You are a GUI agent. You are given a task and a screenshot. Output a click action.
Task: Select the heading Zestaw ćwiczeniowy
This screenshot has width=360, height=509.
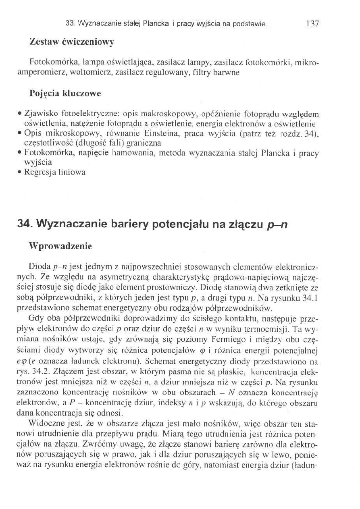pyautogui.click(x=72, y=42)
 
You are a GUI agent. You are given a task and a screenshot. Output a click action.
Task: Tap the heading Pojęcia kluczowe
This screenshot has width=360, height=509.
pyautogui.click(x=65, y=93)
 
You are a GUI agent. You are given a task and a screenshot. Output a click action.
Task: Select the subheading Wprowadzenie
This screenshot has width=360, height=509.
pyautogui.click(x=60, y=245)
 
